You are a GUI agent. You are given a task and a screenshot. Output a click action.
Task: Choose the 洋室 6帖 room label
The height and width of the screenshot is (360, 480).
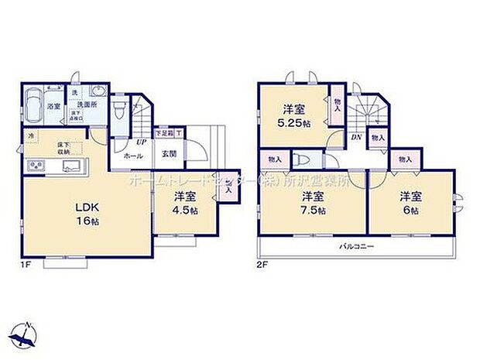click(x=410, y=202)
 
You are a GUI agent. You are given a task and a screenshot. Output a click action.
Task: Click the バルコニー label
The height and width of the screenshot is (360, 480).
click(x=355, y=248)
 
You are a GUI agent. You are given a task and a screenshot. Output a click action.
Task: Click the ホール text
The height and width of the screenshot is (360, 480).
click(x=132, y=155)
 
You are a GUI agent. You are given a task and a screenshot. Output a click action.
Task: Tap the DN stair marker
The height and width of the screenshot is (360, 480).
click(x=356, y=137)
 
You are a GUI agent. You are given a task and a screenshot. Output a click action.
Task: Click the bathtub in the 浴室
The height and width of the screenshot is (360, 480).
click(x=34, y=107)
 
